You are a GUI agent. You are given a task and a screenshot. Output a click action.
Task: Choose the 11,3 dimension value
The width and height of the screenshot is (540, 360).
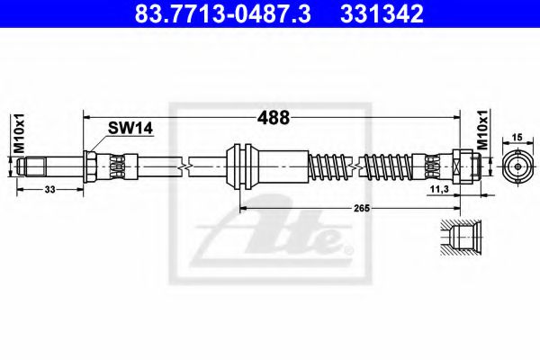click(441, 191)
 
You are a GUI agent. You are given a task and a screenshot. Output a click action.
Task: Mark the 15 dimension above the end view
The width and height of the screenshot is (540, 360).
click(517, 137)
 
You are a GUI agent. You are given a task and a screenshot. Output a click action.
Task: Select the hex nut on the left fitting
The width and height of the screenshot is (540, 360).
click(94, 165)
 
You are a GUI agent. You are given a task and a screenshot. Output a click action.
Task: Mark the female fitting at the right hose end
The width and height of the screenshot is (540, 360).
click(463, 165)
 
